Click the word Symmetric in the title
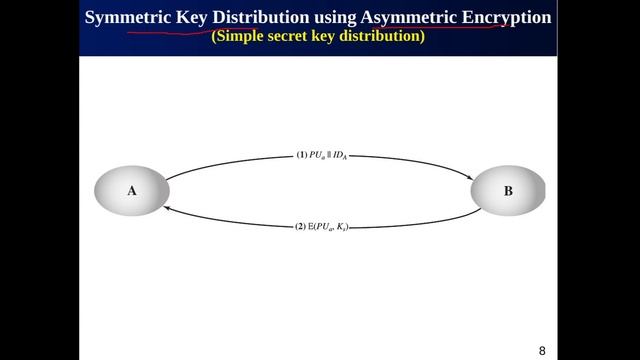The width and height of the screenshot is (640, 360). [x=129, y=17]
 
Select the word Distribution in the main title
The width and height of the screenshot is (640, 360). [x=261, y=17]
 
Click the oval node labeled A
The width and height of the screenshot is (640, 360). [x=131, y=190]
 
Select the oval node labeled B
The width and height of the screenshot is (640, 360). [x=508, y=190]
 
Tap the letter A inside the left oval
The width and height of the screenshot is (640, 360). [x=131, y=190]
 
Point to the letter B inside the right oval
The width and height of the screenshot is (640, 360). [x=508, y=190]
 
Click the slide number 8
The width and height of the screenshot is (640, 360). [x=543, y=350]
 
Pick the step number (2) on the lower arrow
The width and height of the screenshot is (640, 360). [x=299, y=228]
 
